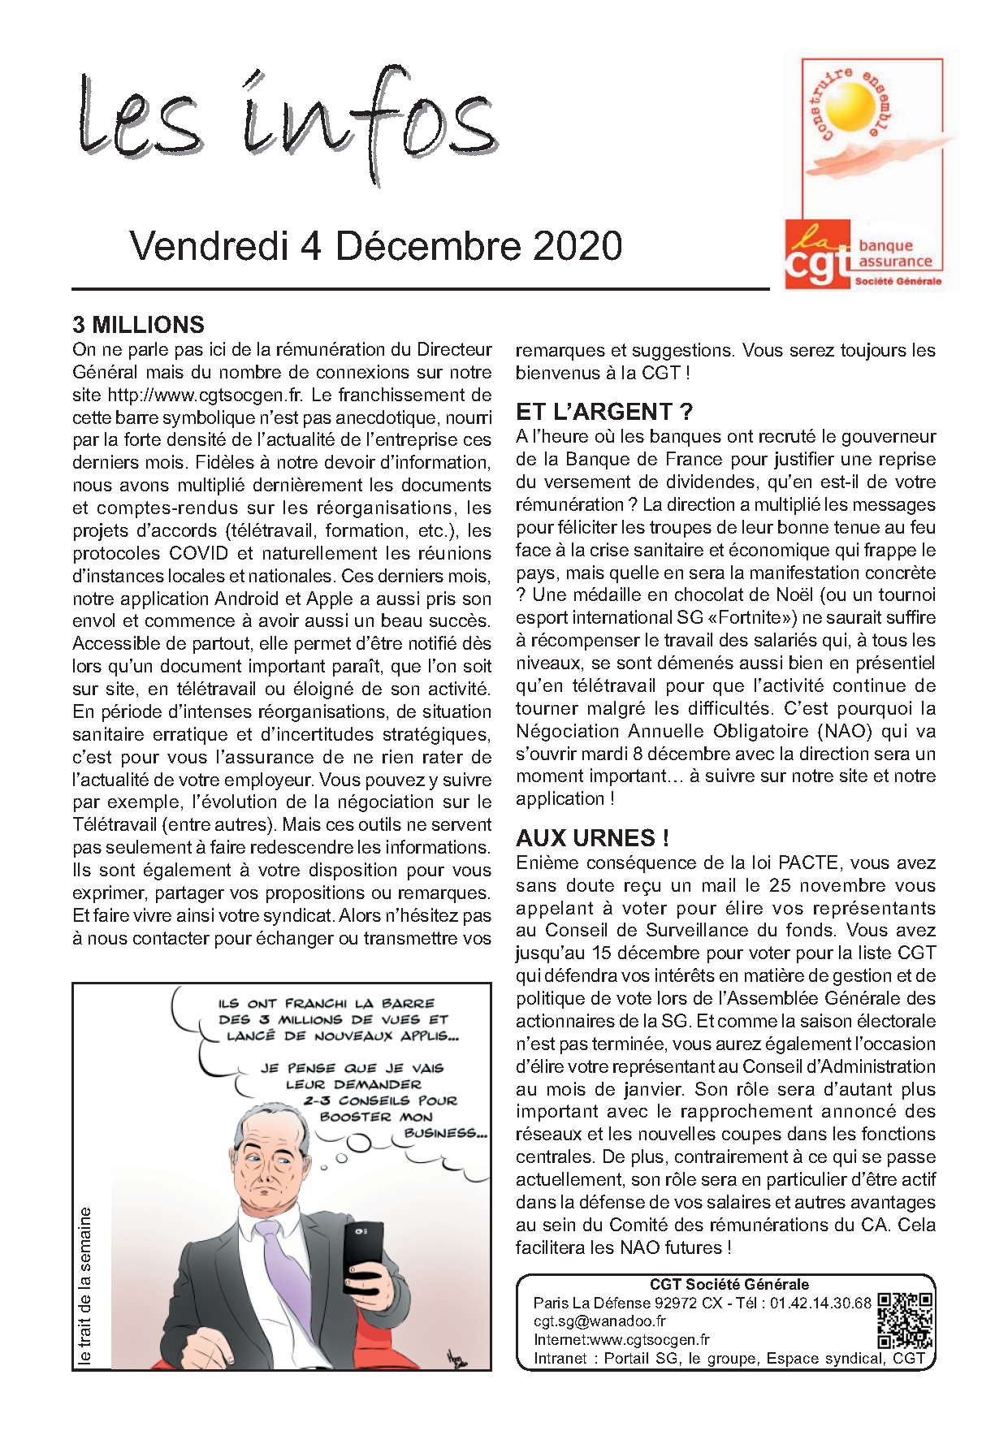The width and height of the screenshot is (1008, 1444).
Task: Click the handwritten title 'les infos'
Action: (x=288, y=122)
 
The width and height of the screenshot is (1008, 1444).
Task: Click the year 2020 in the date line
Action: (x=578, y=246)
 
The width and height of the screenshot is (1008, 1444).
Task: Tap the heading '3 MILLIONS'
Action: (x=138, y=325)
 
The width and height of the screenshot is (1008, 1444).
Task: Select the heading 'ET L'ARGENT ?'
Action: (x=604, y=412)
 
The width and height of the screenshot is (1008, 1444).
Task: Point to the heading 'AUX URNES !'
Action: (x=592, y=838)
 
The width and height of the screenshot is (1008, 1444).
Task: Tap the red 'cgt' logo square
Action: (x=817, y=254)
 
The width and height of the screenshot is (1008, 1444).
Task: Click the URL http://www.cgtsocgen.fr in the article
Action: (x=205, y=396)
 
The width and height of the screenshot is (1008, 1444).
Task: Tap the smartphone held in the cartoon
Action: (x=363, y=1256)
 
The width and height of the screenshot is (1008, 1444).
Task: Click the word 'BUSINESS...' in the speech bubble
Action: (x=445, y=1133)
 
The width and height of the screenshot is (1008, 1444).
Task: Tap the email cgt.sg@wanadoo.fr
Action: (x=599, y=1321)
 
